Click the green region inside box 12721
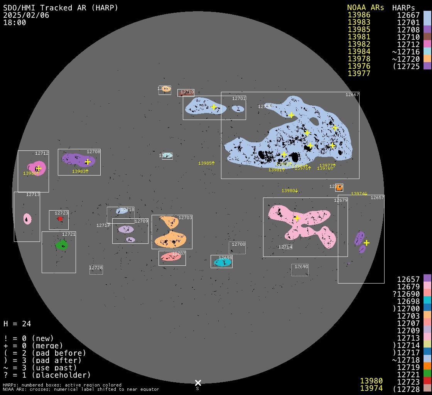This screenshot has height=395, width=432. coord(61,245)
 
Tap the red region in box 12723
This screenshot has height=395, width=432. coord(60,219)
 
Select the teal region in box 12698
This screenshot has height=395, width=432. coord(223,262)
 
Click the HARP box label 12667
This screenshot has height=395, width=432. coord(352,95)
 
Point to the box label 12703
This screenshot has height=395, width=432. coord(185,218)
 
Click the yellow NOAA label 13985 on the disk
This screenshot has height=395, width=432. coord(206,163)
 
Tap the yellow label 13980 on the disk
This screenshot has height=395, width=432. coord(289,191)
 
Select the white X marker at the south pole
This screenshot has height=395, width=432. coord(198,383)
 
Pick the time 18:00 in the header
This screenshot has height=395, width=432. coord(15,22)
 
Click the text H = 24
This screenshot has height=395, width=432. coord(17,324)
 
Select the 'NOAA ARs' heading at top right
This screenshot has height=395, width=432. coord(365,8)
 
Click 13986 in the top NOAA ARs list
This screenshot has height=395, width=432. coord(359,15)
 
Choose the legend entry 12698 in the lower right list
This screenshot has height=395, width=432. coord(408,301)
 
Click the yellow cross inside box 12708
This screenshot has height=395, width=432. coord(88,162)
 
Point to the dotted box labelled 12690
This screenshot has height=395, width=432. coord(300,270)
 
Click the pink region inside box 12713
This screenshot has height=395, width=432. coord(27,219)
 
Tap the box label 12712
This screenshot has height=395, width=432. coord(42,153)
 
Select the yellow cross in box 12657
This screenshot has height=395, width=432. coord(366,243)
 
